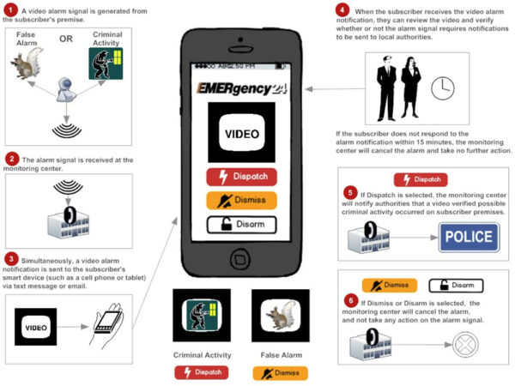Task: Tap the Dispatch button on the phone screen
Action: click(241, 177)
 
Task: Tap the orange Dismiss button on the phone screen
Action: click(241, 201)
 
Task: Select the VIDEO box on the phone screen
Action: click(241, 134)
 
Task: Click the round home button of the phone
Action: click(242, 257)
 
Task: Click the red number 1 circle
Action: click(12, 11)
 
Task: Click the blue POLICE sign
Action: click(469, 238)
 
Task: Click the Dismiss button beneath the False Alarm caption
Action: click(280, 373)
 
